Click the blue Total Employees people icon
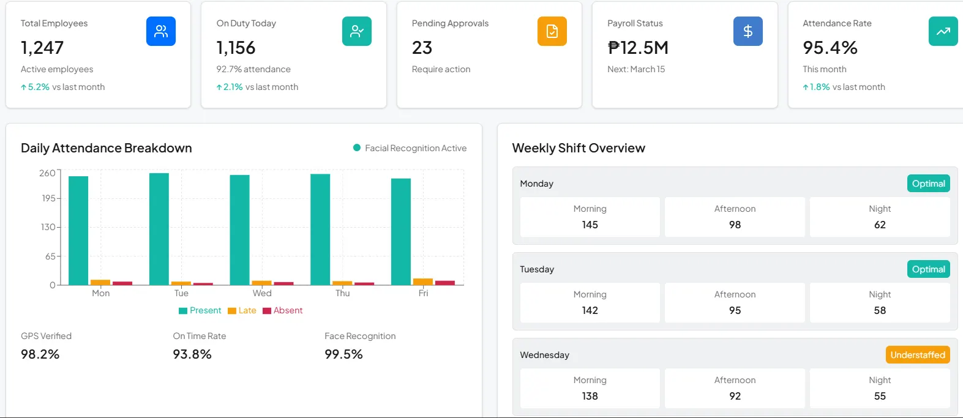161,31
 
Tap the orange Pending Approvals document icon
552,31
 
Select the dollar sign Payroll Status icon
748,31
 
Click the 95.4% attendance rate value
830,48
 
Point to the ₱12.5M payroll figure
637,48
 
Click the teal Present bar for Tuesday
159,229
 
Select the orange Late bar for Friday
423,282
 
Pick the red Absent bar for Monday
122,283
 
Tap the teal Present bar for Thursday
320,230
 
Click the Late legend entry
242,310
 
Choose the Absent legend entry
283,310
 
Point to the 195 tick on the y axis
48,198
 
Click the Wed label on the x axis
262,293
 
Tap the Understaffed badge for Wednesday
917,355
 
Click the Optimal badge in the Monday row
928,184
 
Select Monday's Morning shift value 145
590,225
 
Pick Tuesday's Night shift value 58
880,310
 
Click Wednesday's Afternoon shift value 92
735,396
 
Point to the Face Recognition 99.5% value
343,354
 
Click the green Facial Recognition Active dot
357,147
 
